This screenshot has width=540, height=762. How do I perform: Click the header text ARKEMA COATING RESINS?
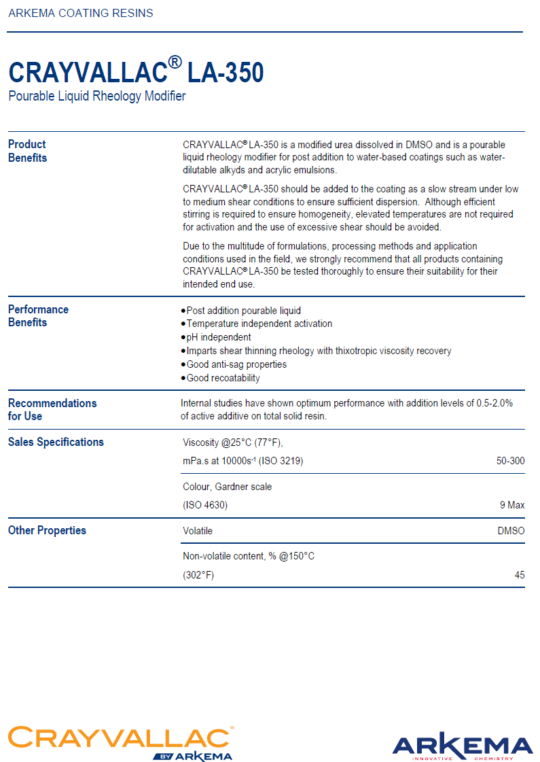pos(81,13)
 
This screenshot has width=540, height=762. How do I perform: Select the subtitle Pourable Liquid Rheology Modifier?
pos(97,97)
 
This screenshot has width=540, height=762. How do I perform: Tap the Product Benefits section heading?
pos(27,151)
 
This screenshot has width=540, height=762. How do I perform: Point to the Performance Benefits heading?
pos(38,316)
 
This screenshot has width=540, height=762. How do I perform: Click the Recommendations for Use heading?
pos(52,409)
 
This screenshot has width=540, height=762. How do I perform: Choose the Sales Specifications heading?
pos(56,442)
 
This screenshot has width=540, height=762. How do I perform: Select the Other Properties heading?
pos(47,530)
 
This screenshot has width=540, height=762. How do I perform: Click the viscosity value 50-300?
pos(510,462)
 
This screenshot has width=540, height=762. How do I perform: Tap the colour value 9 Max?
pos(512,505)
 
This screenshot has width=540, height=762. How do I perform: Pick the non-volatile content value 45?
pos(520,575)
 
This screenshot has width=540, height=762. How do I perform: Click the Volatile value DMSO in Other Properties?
pos(511,531)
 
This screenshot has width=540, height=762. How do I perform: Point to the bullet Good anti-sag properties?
pos(236,364)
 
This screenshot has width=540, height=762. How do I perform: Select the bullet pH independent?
pos(219,337)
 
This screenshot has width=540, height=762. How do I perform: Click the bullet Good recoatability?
pos(223,378)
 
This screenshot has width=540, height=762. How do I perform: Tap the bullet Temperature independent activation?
pos(259,324)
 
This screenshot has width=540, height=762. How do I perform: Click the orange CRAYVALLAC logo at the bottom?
pos(121,739)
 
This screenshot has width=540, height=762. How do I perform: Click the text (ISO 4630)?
pos(205,505)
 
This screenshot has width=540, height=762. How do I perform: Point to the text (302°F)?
pos(198,575)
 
